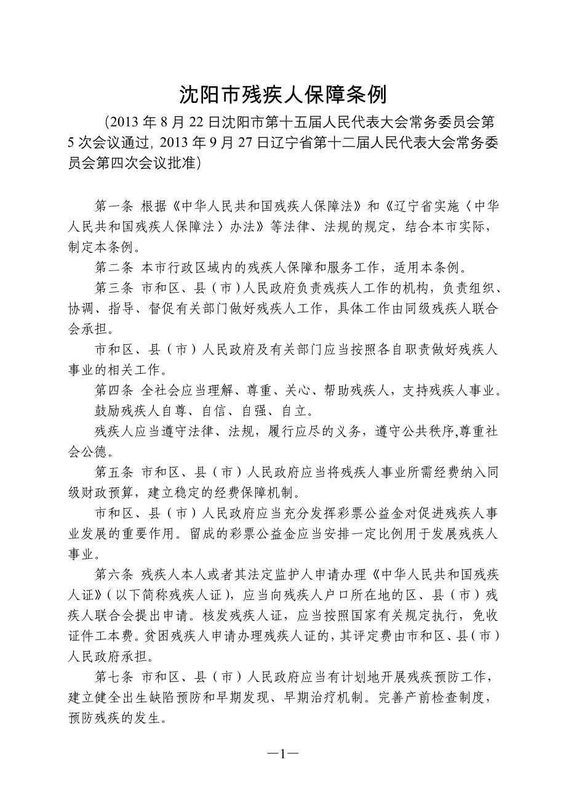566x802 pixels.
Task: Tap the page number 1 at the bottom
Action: [x=283, y=754]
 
